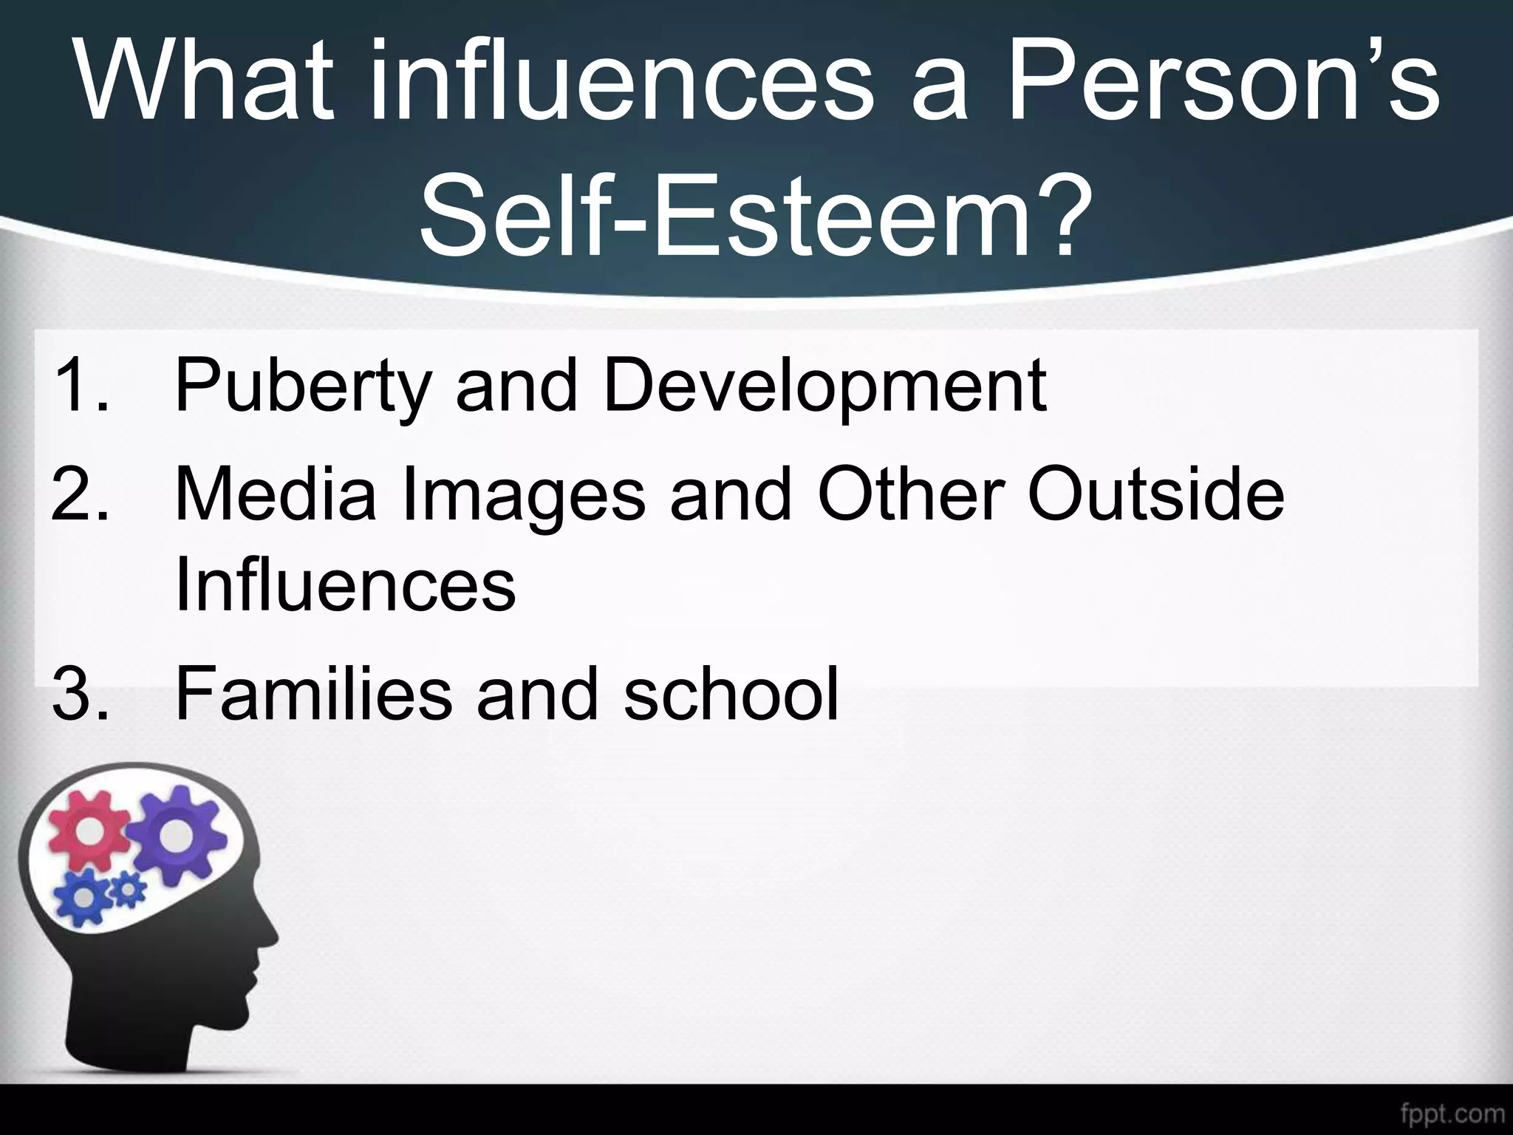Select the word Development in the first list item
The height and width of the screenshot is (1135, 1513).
(x=824, y=386)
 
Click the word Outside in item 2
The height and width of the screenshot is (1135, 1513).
(x=1155, y=493)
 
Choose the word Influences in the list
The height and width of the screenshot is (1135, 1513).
(x=345, y=584)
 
